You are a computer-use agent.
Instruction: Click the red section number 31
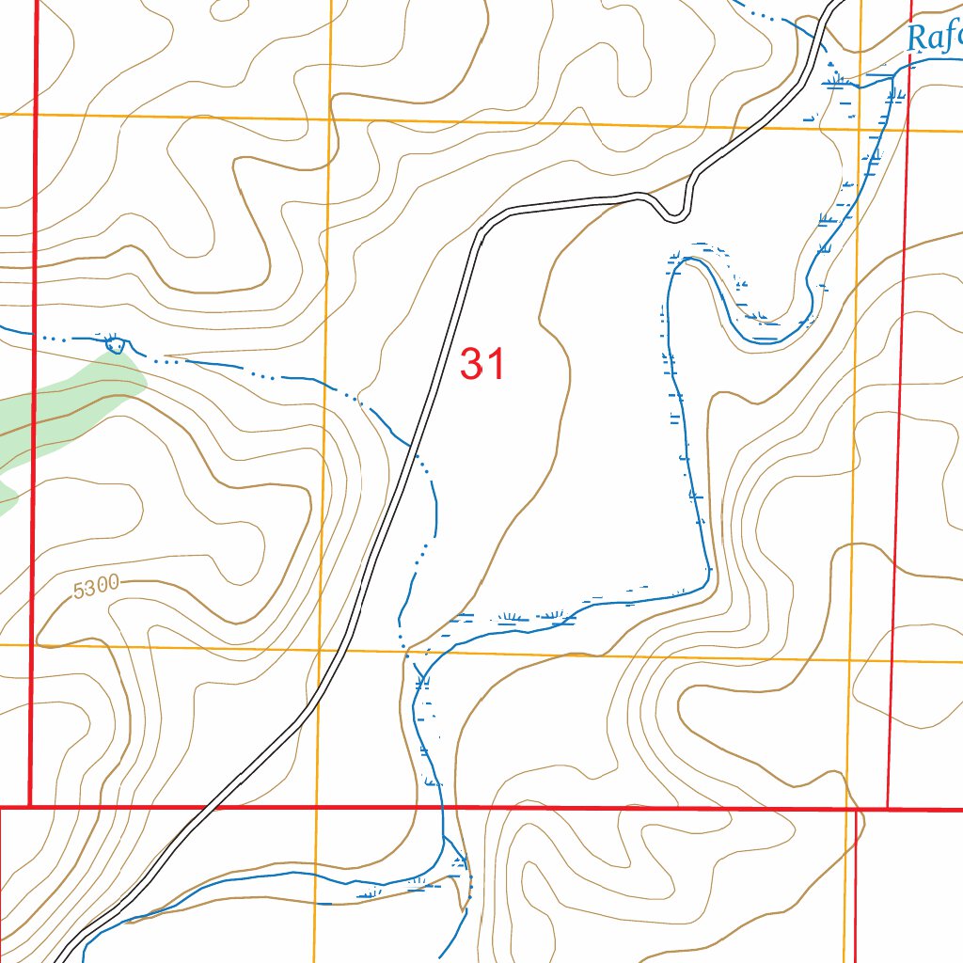[483, 365]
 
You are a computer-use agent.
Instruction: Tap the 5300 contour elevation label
[95, 587]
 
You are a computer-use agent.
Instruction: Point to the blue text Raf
[934, 38]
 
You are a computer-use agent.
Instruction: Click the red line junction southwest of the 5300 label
[30, 807]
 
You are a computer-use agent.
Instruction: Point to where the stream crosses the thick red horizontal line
[442, 807]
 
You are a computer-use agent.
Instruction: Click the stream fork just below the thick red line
[444, 836]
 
